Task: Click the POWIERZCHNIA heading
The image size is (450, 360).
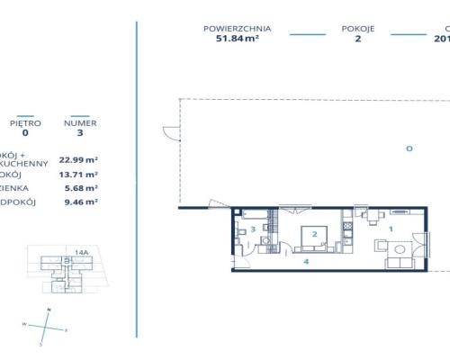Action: pyautogui.click(x=238, y=29)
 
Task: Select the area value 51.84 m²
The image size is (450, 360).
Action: pyautogui.click(x=238, y=40)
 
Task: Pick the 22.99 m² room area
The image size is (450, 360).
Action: pyautogui.click(x=78, y=157)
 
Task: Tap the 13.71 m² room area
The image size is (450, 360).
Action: pyautogui.click(x=78, y=173)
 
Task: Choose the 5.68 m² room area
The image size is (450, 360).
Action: pyautogui.click(x=78, y=188)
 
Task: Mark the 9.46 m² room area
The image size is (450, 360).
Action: pyautogui.click(x=78, y=203)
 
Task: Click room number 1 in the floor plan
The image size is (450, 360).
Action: pyautogui.click(x=391, y=229)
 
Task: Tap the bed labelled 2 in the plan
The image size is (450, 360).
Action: pyautogui.click(x=314, y=235)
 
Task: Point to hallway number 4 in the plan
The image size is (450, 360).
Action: pyautogui.click(x=307, y=261)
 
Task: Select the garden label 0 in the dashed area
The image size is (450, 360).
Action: pyautogui.click(x=408, y=148)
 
